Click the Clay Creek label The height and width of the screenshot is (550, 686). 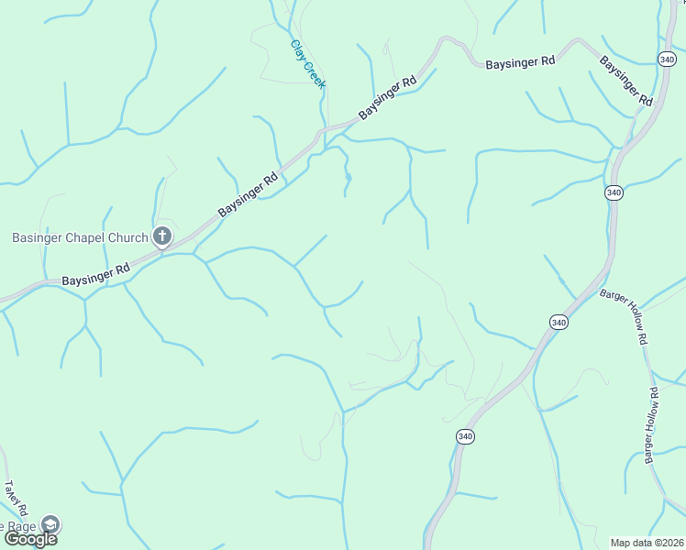pyautogui.click(x=308, y=63)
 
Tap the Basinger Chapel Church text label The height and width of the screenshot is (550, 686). pyautogui.click(x=80, y=238)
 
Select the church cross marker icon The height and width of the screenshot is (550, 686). pyautogui.click(x=161, y=237)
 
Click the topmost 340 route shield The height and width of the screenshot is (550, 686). pyautogui.click(x=667, y=59)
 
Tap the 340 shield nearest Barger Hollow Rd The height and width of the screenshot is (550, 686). pyautogui.click(x=559, y=322)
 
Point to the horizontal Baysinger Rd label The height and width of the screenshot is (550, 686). pyautogui.click(x=520, y=62)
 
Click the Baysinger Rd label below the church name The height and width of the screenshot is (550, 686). pyautogui.click(x=96, y=275)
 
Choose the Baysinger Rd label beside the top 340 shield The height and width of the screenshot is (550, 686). pyautogui.click(x=626, y=81)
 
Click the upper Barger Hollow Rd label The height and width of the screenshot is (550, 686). pyautogui.click(x=625, y=316)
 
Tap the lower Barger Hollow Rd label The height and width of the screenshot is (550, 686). pyautogui.click(x=651, y=424)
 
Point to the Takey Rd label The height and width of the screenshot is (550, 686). pyautogui.click(x=17, y=499)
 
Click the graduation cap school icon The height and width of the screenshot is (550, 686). pyautogui.click(x=51, y=524)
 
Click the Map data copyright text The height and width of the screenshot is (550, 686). pyautogui.click(x=647, y=543)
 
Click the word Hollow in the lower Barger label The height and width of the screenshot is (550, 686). pyautogui.click(x=651, y=424)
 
